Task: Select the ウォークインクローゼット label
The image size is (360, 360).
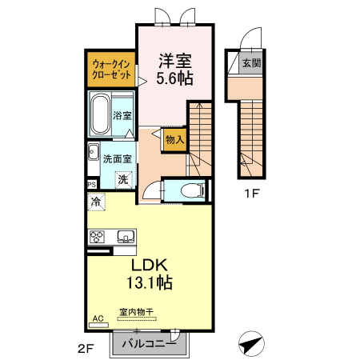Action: (x=110, y=68)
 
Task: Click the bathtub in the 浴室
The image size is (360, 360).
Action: (x=101, y=114)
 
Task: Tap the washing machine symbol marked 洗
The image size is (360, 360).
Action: (x=122, y=180)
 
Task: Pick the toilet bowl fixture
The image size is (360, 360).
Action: (x=190, y=190)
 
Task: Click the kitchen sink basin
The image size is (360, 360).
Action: (x=126, y=236)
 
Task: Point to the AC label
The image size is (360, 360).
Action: (x=98, y=318)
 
